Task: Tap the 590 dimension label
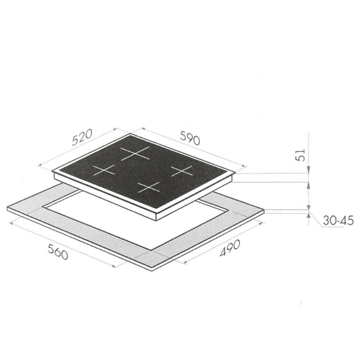[x=190, y=138]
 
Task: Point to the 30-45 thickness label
[x=338, y=221]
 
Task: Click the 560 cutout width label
[x=58, y=251]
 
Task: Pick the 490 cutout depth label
[x=230, y=248]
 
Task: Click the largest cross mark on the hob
[x=135, y=153]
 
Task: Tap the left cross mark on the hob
[x=104, y=170]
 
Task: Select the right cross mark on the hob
[x=182, y=171]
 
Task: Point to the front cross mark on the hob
[x=149, y=187]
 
